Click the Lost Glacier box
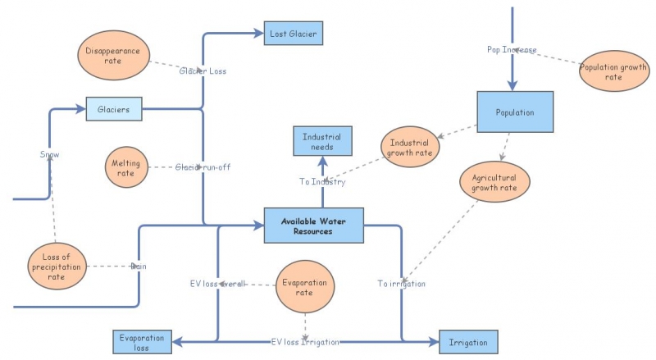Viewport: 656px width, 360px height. [x=294, y=34]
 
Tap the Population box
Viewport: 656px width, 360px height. [x=515, y=112]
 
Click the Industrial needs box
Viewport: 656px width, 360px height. [x=321, y=140]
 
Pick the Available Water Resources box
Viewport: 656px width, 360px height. [x=313, y=226]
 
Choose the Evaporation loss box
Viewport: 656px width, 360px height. [x=142, y=342]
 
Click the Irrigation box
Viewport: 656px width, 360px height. [x=468, y=342]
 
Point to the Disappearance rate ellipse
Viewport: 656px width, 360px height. [x=113, y=56]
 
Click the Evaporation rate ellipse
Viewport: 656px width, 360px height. [x=304, y=287]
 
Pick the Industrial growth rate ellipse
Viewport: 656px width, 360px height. [x=410, y=147]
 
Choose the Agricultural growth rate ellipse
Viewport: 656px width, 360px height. [x=494, y=182]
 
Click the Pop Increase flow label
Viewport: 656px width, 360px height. [x=512, y=50]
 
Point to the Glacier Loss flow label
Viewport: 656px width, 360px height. [x=203, y=71]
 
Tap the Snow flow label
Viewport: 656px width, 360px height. [x=50, y=154]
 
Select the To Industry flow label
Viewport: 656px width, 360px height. [x=321, y=182]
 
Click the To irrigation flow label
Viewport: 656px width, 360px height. [x=402, y=284]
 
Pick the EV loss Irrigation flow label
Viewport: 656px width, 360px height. [x=305, y=341]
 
